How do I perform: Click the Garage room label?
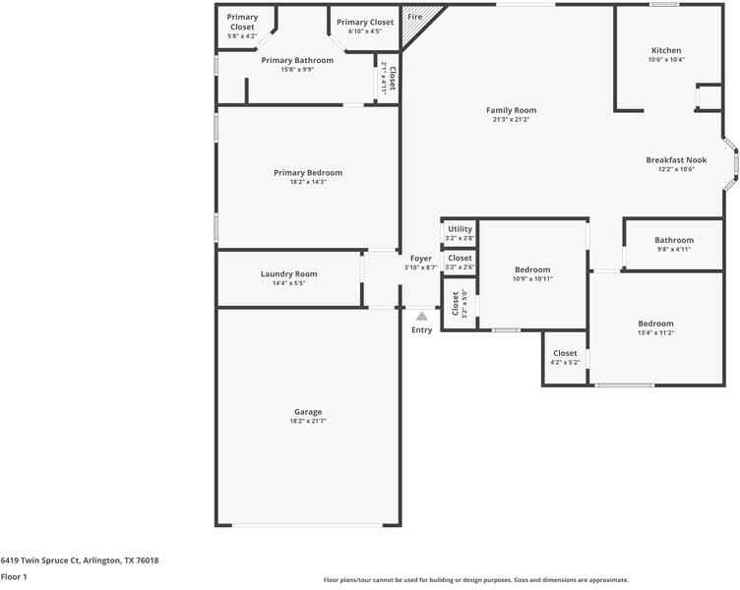coord(307,412)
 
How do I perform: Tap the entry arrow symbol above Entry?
coord(421,317)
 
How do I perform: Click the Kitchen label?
coord(666,50)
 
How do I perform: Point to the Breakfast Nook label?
coord(676,159)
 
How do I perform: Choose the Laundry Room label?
coord(288,274)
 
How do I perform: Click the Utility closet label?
coord(460,229)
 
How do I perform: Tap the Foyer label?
coord(420,259)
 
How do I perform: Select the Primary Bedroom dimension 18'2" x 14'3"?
coord(308,182)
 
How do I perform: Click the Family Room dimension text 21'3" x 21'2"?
coord(511,120)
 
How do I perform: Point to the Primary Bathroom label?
coord(297,60)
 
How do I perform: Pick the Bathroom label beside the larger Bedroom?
coord(674,240)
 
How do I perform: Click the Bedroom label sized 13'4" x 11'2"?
coord(655,324)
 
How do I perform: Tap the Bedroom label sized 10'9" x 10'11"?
coord(532,269)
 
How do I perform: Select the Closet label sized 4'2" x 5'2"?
coord(565,353)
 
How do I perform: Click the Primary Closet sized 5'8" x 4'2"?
coord(242,22)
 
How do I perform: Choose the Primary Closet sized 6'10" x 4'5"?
coord(365,22)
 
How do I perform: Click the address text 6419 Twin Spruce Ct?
coord(80,560)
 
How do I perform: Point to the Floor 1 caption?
coord(14,577)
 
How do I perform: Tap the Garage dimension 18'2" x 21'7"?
coord(307,421)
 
